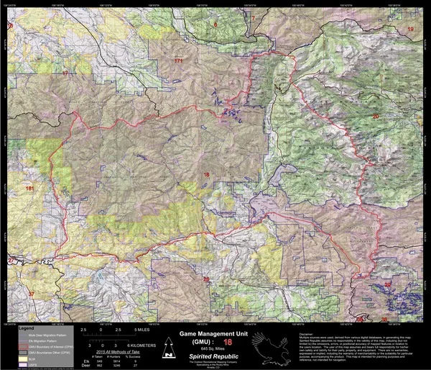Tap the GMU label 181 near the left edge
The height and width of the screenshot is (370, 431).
pos(29,188)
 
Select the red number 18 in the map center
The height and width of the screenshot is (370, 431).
pos(207,175)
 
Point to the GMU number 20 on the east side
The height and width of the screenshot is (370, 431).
pos(375,116)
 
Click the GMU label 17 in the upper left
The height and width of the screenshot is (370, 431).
pos(65,73)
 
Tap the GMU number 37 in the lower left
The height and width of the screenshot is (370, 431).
pos(31,294)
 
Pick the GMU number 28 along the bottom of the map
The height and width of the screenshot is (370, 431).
pos(207,279)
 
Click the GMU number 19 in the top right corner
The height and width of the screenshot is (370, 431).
pos(411,28)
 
